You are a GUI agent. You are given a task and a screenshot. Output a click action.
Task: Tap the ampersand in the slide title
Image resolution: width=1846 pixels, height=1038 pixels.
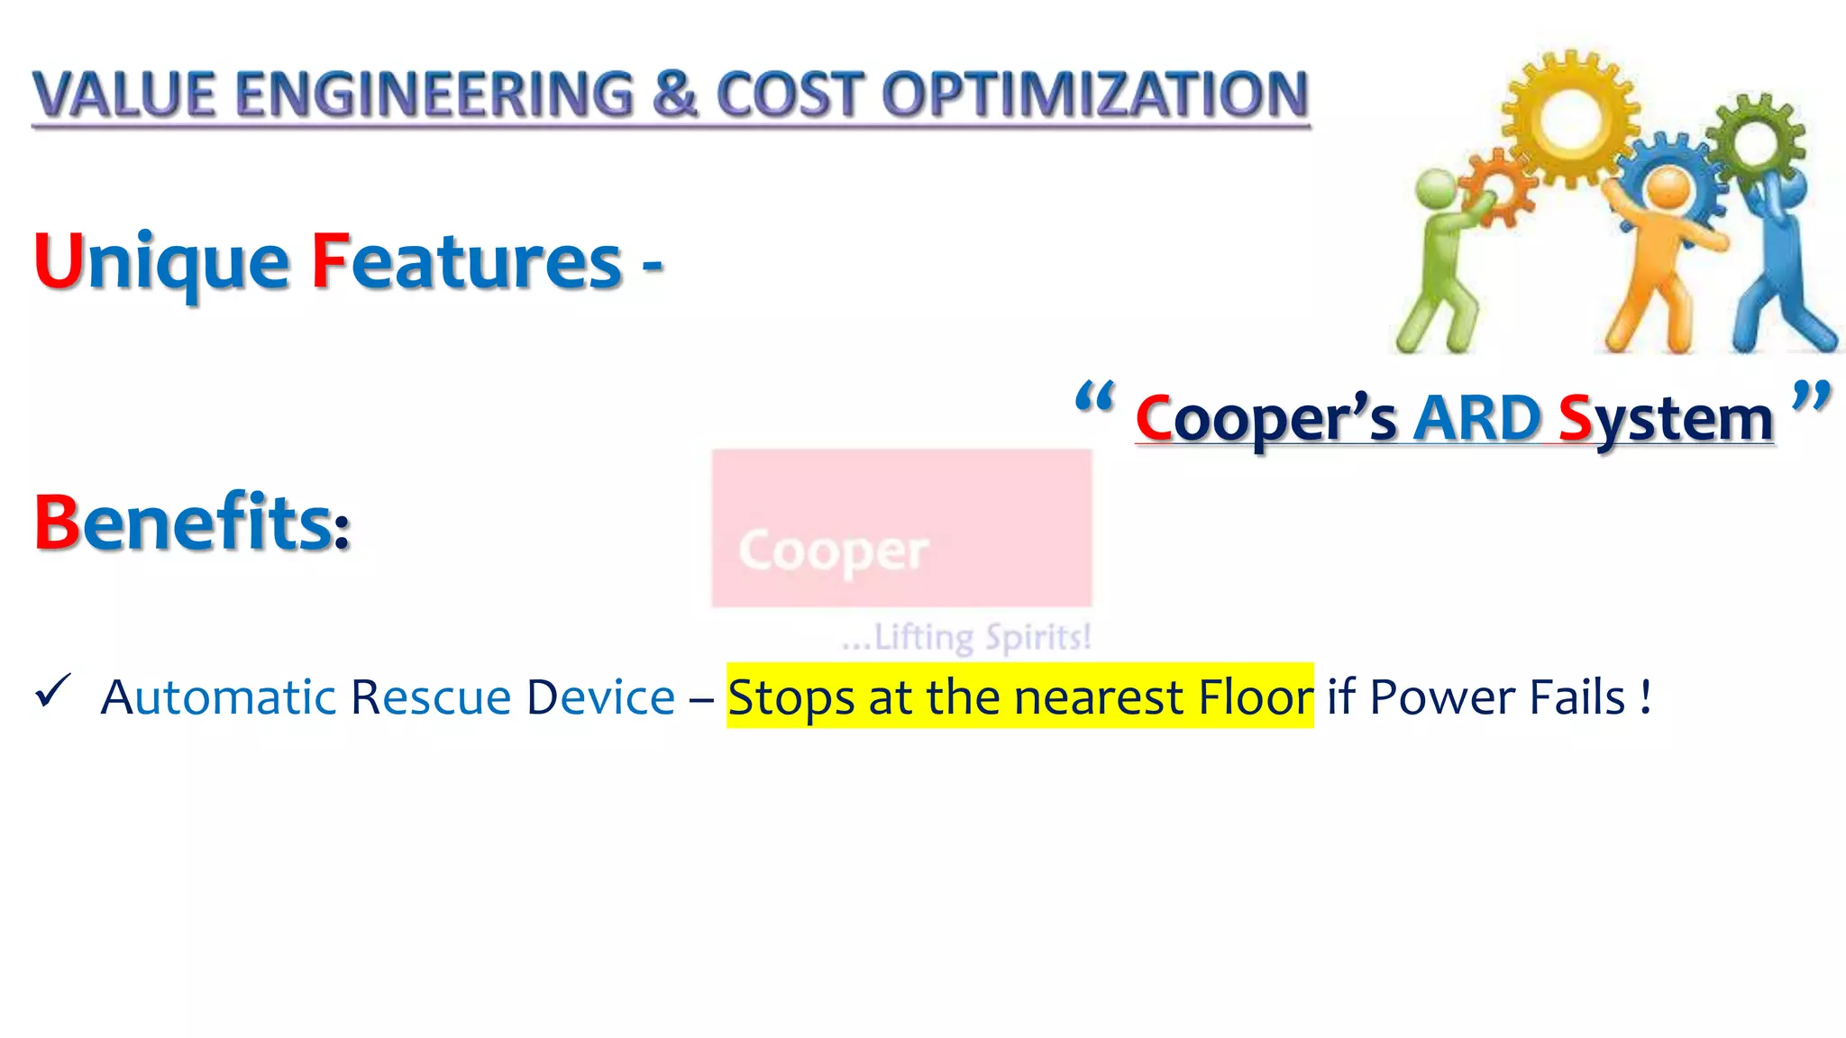click(674, 95)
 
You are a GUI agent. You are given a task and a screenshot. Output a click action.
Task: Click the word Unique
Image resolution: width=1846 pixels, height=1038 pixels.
click(161, 261)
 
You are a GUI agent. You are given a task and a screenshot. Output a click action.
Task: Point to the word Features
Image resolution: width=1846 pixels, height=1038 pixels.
click(467, 261)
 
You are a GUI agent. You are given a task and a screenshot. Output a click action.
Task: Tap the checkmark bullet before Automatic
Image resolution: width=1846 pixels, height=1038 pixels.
click(52, 692)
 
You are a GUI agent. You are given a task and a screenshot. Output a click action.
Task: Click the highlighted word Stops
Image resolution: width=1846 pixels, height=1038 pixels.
click(790, 697)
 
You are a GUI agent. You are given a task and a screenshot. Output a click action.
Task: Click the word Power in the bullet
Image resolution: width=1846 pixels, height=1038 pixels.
click(1441, 697)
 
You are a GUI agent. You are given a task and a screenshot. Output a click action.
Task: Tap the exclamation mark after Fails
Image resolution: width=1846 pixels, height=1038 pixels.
click(1646, 697)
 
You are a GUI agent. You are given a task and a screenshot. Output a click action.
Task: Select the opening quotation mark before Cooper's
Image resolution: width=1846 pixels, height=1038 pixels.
click(1095, 397)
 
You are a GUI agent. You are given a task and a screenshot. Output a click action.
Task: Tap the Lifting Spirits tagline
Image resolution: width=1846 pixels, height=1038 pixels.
click(966, 637)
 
